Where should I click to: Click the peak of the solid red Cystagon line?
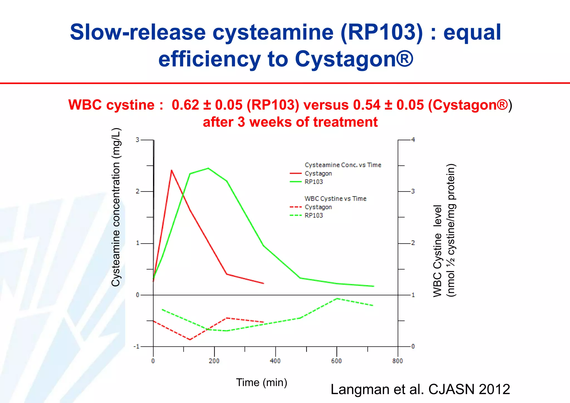click(x=171, y=170)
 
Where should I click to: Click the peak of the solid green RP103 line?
click(x=208, y=168)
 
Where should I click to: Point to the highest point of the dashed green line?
click(x=337, y=298)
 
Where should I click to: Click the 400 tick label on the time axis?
click(x=275, y=361)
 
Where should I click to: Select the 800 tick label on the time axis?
click(x=397, y=361)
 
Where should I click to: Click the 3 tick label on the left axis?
click(x=137, y=140)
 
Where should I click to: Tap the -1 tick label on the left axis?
click(x=136, y=347)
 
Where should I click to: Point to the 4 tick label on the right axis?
click(x=413, y=140)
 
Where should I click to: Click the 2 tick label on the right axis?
click(x=413, y=243)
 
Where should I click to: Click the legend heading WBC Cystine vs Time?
click(x=335, y=198)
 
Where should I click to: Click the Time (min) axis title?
click(x=262, y=382)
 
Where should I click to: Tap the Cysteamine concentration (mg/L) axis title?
click(x=116, y=207)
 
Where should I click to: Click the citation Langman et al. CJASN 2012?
click(x=420, y=389)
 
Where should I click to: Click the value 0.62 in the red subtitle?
click(x=185, y=105)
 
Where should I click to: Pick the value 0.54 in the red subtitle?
click(x=367, y=105)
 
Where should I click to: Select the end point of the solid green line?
click(x=374, y=286)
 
